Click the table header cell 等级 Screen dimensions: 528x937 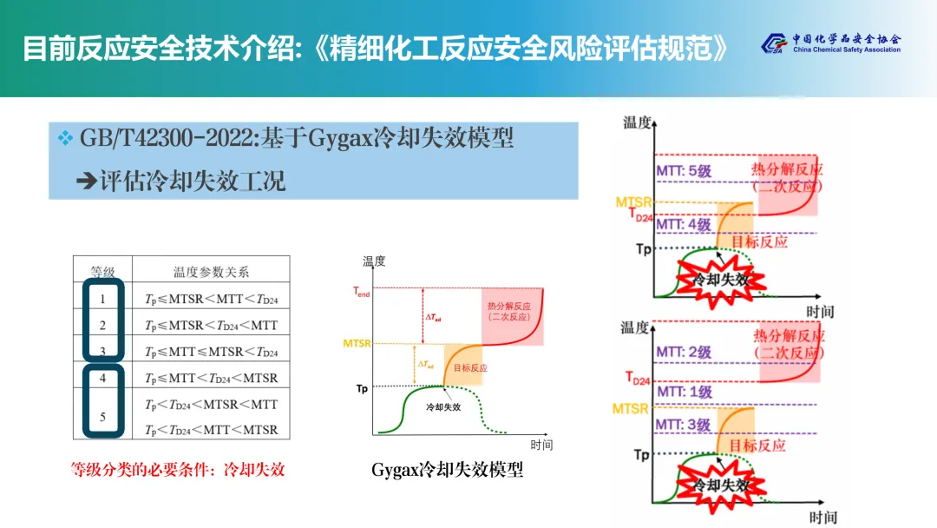point(102,272)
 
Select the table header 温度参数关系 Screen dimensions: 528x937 point(212,272)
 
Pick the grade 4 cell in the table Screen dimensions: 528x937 point(102,379)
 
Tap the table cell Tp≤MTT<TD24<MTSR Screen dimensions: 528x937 point(212,379)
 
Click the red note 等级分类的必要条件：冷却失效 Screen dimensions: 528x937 point(178,470)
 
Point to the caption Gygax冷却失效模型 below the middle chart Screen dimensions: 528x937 point(447,470)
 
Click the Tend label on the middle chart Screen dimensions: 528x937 point(362,294)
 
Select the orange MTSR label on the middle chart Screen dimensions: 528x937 point(357,344)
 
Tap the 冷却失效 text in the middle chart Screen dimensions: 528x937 point(443,406)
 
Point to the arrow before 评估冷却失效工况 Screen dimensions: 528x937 point(85,181)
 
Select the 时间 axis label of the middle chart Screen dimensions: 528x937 point(541,445)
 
